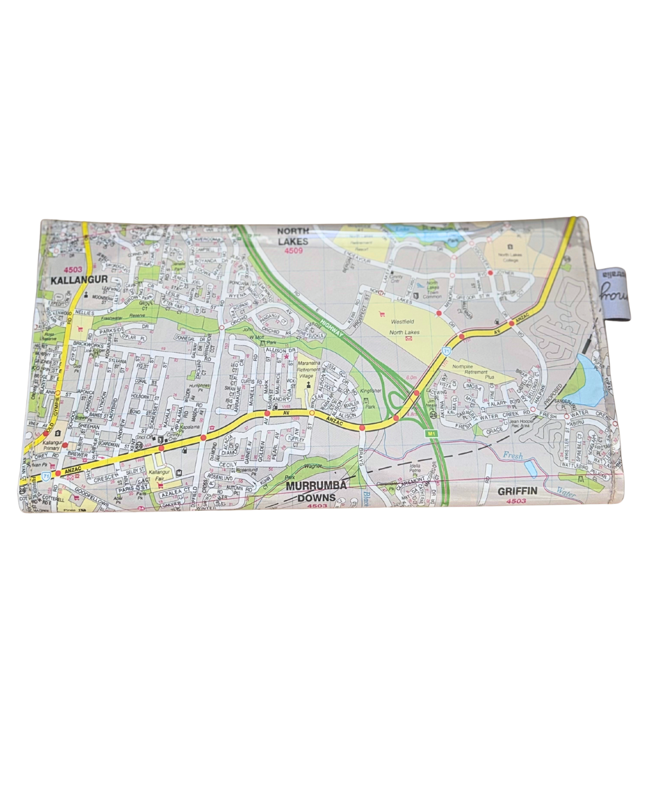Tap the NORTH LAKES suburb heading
click(x=292, y=236)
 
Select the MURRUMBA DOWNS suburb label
click(x=315, y=491)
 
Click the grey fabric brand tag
click(x=604, y=290)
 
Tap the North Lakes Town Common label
click(x=432, y=289)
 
